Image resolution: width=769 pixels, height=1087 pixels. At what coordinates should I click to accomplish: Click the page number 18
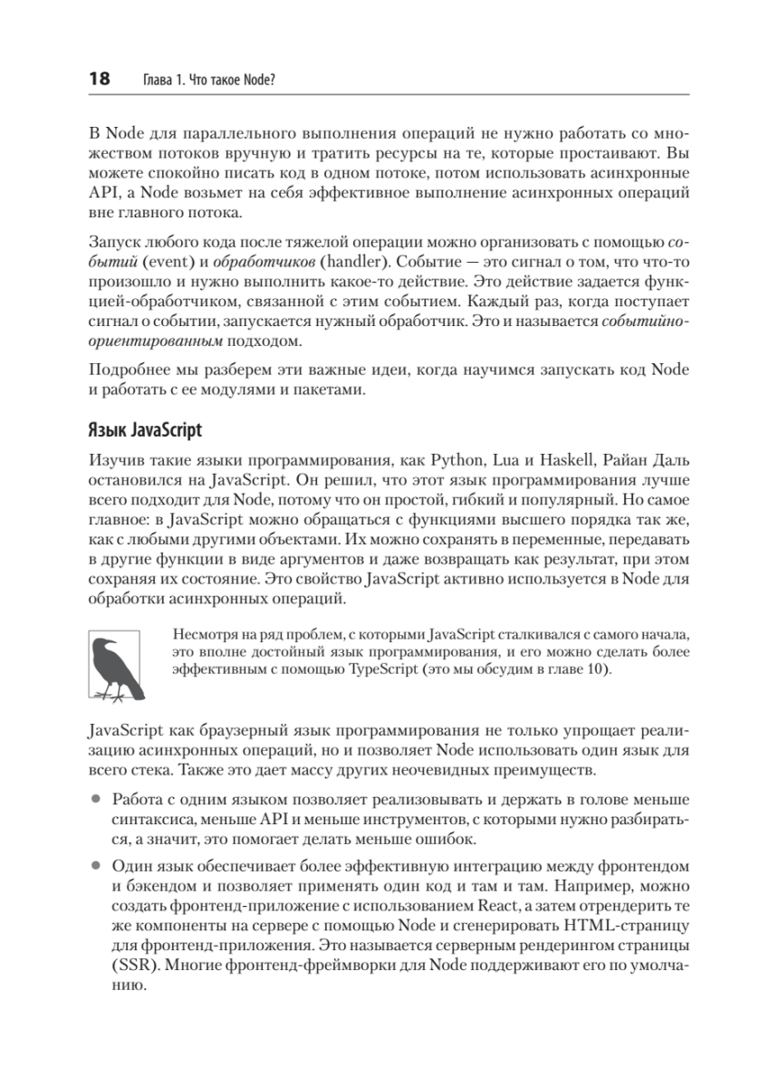point(98,80)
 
